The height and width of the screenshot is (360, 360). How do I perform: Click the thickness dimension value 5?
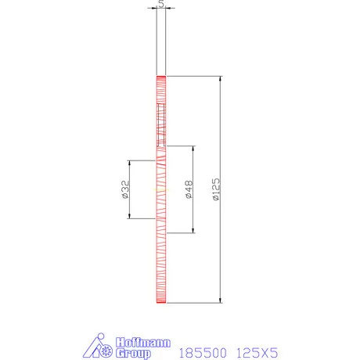(x=161, y=4)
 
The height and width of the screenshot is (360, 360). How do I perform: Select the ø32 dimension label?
(x=125, y=190)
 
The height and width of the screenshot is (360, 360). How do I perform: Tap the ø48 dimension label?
(x=189, y=189)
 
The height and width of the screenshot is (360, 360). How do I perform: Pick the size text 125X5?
(x=257, y=352)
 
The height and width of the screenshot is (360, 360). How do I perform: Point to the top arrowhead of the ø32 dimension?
(x=129, y=164)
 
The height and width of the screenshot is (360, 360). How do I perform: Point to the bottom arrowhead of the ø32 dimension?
(x=129, y=216)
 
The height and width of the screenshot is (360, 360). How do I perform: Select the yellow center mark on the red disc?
(x=161, y=189)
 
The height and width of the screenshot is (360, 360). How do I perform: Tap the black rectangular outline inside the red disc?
(x=161, y=125)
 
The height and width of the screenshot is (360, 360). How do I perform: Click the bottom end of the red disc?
(x=161, y=301)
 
